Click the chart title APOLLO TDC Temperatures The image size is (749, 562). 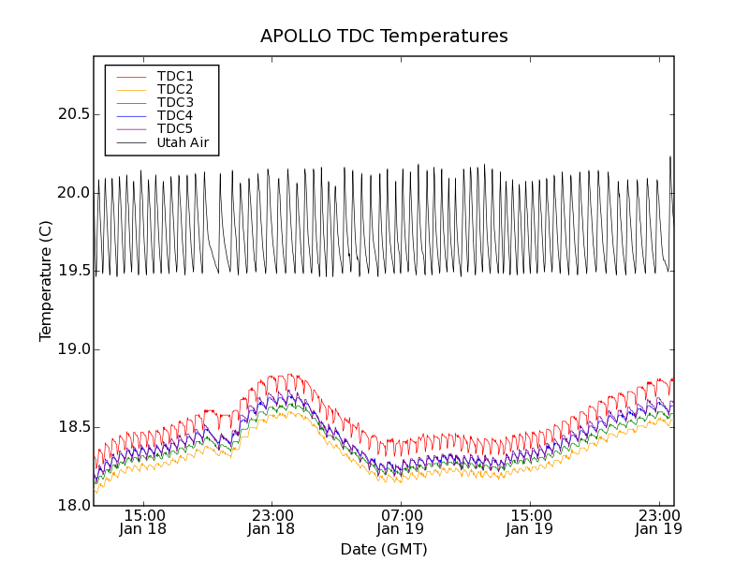[384, 37]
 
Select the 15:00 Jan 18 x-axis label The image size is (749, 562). [144, 522]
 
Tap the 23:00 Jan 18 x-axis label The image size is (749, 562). [272, 522]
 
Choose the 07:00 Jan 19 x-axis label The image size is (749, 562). [401, 522]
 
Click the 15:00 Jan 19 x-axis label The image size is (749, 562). [530, 522]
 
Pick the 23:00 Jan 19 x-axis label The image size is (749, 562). [658, 522]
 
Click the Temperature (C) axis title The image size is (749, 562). [46, 281]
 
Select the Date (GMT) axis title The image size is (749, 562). [384, 549]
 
